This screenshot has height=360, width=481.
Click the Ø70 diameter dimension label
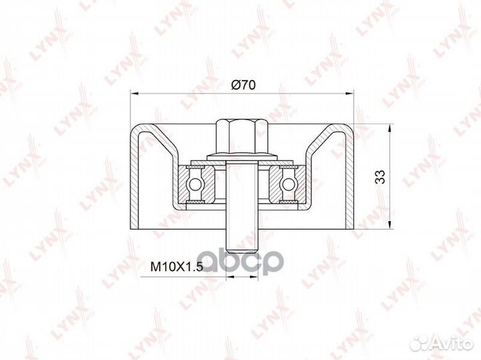pyautogui.click(x=243, y=85)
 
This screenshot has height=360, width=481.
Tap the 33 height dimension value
pyautogui.click(x=379, y=176)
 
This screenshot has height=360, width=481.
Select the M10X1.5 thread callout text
pyautogui.click(x=176, y=267)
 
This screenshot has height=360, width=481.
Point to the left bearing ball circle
pyautogui.click(x=194, y=184)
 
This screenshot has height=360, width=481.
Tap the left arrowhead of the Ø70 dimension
pyautogui.click(x=135, y=93)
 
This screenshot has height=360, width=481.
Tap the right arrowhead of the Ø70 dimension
pyautogui.click(x=349, y=93)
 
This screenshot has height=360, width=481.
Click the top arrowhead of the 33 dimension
pyautogui.click(x=389, y=129)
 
